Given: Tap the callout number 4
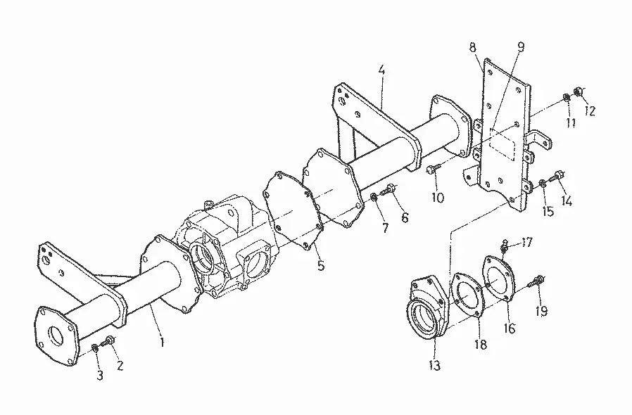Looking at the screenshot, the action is point(381,70).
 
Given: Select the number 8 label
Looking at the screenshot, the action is point(472,47).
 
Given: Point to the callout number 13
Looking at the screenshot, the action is point(434,365).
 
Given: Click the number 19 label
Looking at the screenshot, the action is point(541,311).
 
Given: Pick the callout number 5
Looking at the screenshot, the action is point(320,266).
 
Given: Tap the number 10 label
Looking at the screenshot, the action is point(437,198).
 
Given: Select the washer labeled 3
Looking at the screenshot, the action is point(95,347).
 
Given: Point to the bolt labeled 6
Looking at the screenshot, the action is point(389,189).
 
